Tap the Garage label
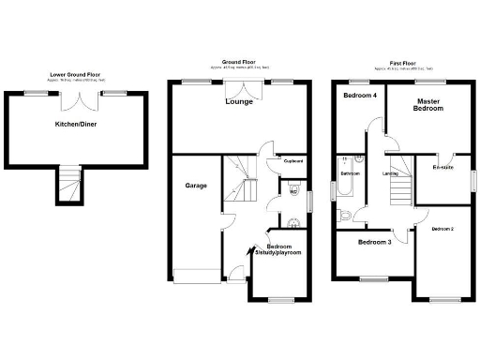[x=195, y=186]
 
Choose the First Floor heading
[x=403, y=65]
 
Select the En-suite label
[x=442, y=168]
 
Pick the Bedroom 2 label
[x=442, y=229]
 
